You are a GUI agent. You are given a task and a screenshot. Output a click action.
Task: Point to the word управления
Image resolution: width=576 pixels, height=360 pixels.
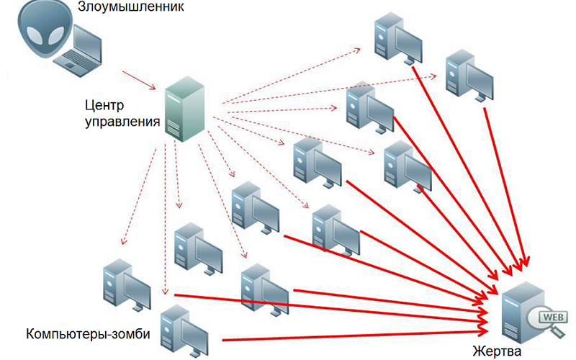(x=122, y=122)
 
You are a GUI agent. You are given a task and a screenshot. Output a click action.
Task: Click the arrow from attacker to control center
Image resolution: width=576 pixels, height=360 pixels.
(x=140, y=80)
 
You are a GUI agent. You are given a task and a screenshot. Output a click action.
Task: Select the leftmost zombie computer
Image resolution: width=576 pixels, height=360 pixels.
(x=125, y=282)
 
